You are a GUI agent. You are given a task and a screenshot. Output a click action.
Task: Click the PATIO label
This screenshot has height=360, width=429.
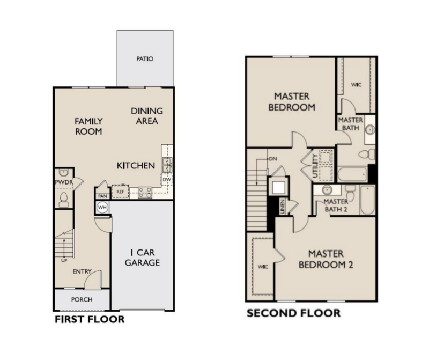pyautogui.click(x=145, y=59)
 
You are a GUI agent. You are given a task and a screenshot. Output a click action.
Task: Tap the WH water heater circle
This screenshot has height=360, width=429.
pyautogui.click(x=102, y=208)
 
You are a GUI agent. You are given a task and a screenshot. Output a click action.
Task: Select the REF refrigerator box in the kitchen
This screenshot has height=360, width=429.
pyautogui.click(x=120, y=192)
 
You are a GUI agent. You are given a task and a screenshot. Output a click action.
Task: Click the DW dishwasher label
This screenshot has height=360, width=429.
pyautogui.click(x=167, y=180)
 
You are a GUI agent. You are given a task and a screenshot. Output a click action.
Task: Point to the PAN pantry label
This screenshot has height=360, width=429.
pyautogui.click(x=102, y=196)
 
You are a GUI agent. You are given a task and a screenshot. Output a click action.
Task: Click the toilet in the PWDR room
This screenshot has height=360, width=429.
pyautogui.click(x=63, y=199)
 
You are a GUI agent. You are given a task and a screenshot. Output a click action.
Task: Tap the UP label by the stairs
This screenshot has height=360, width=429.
pyautogui.click(x=64, y=261)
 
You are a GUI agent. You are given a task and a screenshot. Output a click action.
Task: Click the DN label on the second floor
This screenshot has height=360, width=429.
pyautogui.click(x=273, y=159)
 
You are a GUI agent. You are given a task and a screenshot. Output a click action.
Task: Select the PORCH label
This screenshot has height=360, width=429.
pyautogui.click(x=82, y=299)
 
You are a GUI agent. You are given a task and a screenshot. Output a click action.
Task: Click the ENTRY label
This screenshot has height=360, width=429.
pyautogui.click(x=82, y=271)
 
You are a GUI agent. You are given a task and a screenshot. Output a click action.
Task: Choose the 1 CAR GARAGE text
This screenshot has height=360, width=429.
pyautogui.click(x=142, y=258)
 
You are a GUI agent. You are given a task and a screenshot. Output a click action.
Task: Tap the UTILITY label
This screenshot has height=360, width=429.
pyautogui.click(x=315, y=166)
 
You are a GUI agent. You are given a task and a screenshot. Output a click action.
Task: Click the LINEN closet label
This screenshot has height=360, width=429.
pyautogui.click(x=283, y=207)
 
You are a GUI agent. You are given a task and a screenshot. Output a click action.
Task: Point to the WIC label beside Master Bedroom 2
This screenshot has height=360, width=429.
pyautogui.click(x=263, y=267)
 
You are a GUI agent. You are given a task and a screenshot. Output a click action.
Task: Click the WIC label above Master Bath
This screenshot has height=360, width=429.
pyautogui.click(x=356, y=85)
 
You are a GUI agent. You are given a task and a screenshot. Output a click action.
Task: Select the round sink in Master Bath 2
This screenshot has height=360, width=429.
pyautogui.click(x=327, y=189)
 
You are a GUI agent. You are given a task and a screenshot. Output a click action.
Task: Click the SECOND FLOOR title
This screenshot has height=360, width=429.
pyautogui.click(x=293, y=313)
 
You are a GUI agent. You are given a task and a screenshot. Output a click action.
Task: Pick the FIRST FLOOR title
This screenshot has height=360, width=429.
pyautogui.click(x=90, y=319)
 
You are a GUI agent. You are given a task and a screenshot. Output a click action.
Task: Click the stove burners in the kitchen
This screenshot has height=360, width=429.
pyautogui.click(x=145, y=193)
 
